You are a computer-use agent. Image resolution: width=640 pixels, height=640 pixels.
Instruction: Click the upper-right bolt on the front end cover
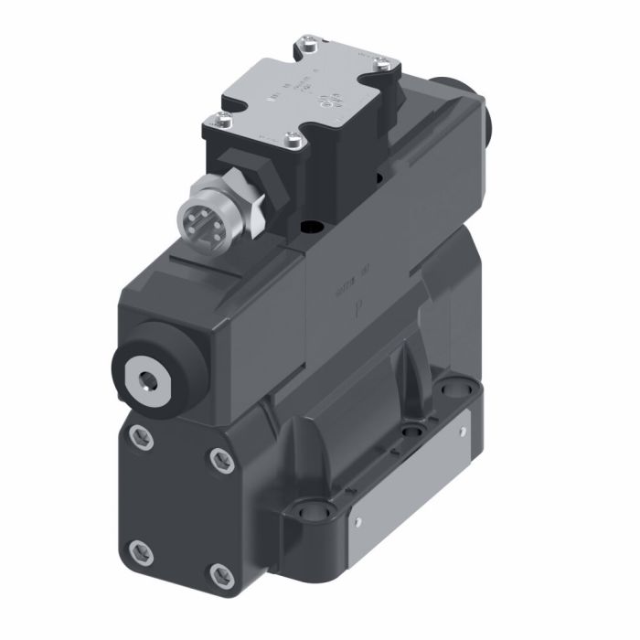218,459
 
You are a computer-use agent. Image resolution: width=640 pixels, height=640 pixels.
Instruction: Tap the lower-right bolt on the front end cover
218,574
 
